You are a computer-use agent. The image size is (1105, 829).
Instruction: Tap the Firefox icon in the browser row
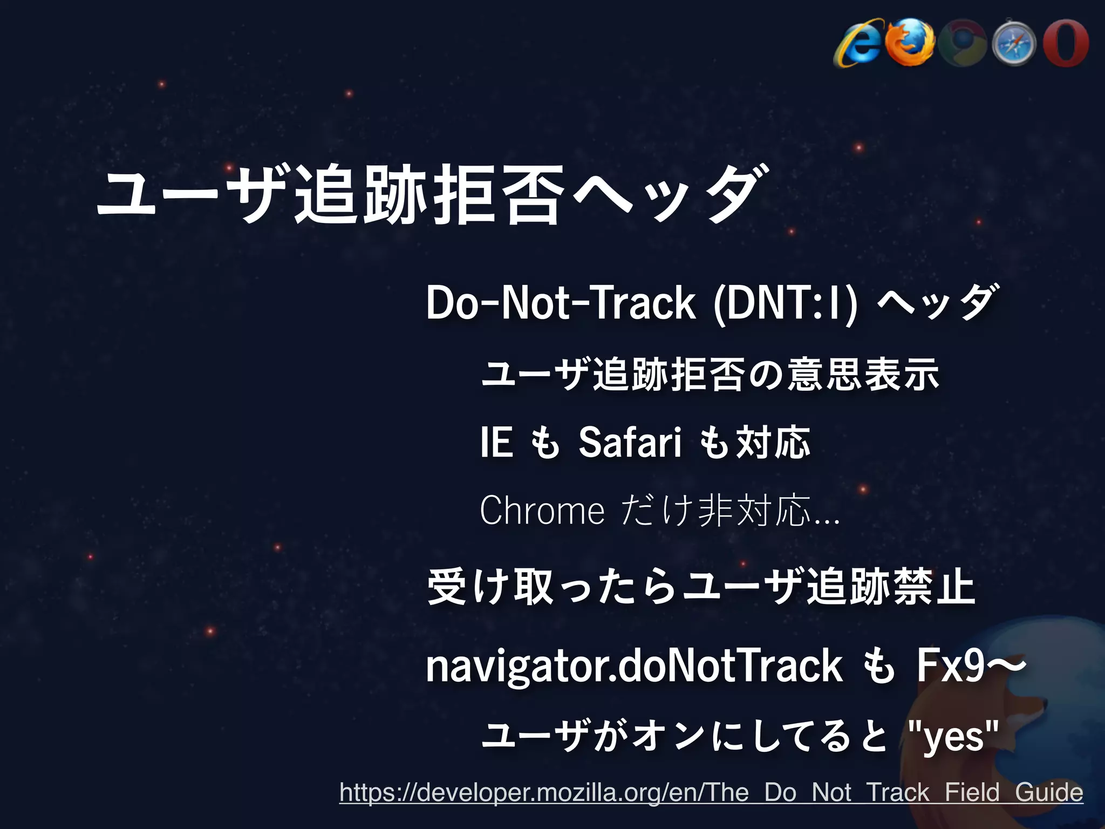[x=911, y=43]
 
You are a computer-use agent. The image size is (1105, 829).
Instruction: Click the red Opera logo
[x=1066, y=43]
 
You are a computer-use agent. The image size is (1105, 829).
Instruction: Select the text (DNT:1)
[x=785, y=304]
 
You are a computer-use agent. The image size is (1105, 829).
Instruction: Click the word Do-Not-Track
[x=561, y=304]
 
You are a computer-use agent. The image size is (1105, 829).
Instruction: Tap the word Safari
[x=630, y=443]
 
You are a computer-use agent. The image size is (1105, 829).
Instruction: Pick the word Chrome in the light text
[x=542, y=511]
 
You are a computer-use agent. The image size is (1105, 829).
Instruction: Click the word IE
[x=496, y=443]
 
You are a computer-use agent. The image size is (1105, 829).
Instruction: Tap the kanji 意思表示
[x=863, y=374]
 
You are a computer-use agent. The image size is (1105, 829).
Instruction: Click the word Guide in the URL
[x=1048, y=792]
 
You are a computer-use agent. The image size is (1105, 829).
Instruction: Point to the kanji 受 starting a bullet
[x=446, y=587]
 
